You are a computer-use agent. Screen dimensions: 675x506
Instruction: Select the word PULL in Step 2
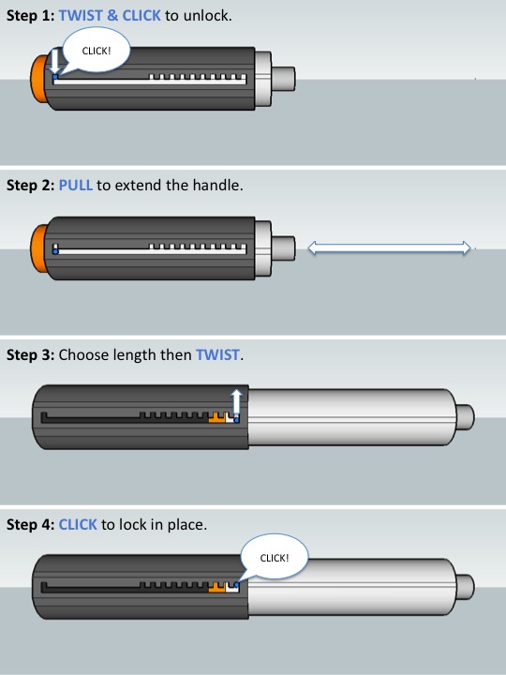75,185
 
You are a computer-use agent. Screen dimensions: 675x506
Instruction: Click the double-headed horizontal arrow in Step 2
389,247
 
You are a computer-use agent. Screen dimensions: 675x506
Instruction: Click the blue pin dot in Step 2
55,251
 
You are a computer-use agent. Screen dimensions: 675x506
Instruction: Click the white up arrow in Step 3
236,399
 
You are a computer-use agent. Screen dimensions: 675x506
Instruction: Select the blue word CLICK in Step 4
78,524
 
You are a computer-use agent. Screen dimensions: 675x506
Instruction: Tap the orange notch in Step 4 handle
218,587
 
